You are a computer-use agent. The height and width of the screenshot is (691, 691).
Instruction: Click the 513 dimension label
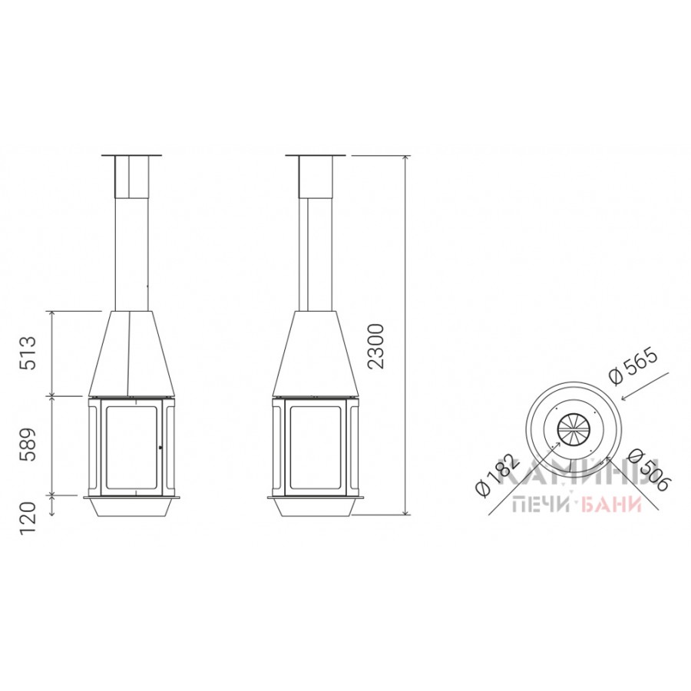28,352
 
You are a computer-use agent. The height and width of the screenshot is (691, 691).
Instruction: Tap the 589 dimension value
28,445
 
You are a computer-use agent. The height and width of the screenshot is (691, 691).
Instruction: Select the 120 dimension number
28,519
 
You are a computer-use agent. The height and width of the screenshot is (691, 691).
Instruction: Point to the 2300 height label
377,346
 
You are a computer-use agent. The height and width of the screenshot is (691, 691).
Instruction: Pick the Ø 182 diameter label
495,476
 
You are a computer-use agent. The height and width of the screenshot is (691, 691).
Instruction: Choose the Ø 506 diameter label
649,470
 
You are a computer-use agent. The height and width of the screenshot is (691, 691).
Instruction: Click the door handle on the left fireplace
160,448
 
